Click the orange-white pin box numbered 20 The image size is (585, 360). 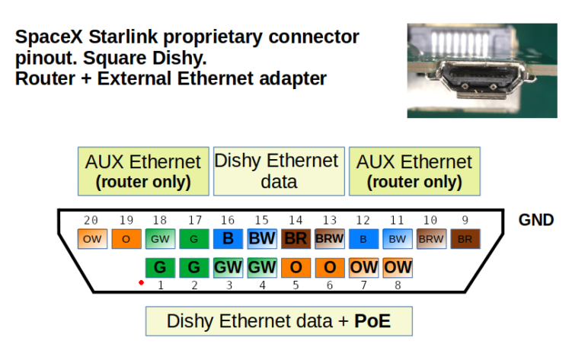pos(92,239)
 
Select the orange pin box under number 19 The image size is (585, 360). pos(126,239)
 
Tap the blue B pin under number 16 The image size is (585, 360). pos(228,239)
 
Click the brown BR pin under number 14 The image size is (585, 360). pos(296,239)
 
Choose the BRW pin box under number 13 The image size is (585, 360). pos(330,239)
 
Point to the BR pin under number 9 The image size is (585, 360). pos(465,239)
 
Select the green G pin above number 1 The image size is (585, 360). pos(160,268)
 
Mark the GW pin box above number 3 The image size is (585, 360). pos(228,268)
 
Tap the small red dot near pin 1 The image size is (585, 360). pos(141,282)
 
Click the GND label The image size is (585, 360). pos(535,221)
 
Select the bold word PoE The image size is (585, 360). pos(372,321)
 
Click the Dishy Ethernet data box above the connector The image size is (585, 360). pos(277,171)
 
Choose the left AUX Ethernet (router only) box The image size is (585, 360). pos(143,171)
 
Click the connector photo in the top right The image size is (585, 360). pos(481,70)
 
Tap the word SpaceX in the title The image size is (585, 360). pos(50,37)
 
